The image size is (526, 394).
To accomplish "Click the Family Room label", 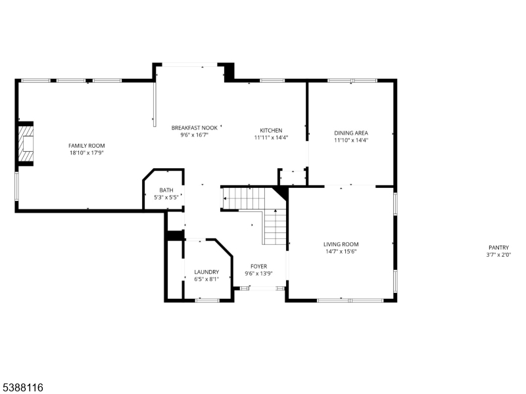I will click(x=87, y=146).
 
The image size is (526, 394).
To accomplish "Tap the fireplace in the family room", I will click(x=25, y=144).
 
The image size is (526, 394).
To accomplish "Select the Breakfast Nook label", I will click(x=194, y=127).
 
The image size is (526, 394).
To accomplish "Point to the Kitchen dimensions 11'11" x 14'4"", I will click(x=271, y=138).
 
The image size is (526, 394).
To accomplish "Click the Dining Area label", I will click(x=351, y=133).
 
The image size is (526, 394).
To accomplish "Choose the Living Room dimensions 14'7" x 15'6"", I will click(x=341, y=252).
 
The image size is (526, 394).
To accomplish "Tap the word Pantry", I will click(x=498, y=248).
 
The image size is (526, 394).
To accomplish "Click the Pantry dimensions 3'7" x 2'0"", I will click(x=498, y=255).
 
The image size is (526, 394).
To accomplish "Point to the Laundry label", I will click(x=206, y=272).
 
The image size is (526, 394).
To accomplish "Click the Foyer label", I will click(x=258, y=266).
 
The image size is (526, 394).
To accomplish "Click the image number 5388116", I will click(x=22, y=388).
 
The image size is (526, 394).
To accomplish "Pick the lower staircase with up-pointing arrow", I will click(x=275, y=227).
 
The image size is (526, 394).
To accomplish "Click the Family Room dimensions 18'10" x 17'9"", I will click(x=87, y=152).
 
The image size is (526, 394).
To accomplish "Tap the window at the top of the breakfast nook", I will click(x=191, y=64).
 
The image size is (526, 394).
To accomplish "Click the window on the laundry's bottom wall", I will click(x=207, y=300).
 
